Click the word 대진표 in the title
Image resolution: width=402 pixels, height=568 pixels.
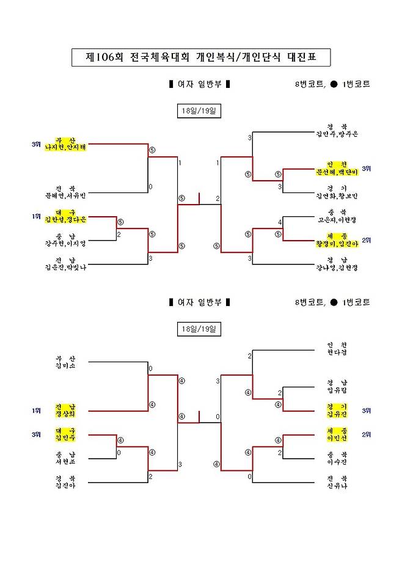[298, 58]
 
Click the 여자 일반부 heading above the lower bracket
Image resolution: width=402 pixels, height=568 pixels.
[199, 302]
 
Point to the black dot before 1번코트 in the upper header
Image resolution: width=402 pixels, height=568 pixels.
[334, 84]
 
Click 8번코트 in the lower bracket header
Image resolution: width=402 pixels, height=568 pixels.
[309, 302]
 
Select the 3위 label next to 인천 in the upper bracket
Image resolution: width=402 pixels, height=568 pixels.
[367, 168]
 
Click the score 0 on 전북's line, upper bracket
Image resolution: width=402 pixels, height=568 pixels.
[150, 187]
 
